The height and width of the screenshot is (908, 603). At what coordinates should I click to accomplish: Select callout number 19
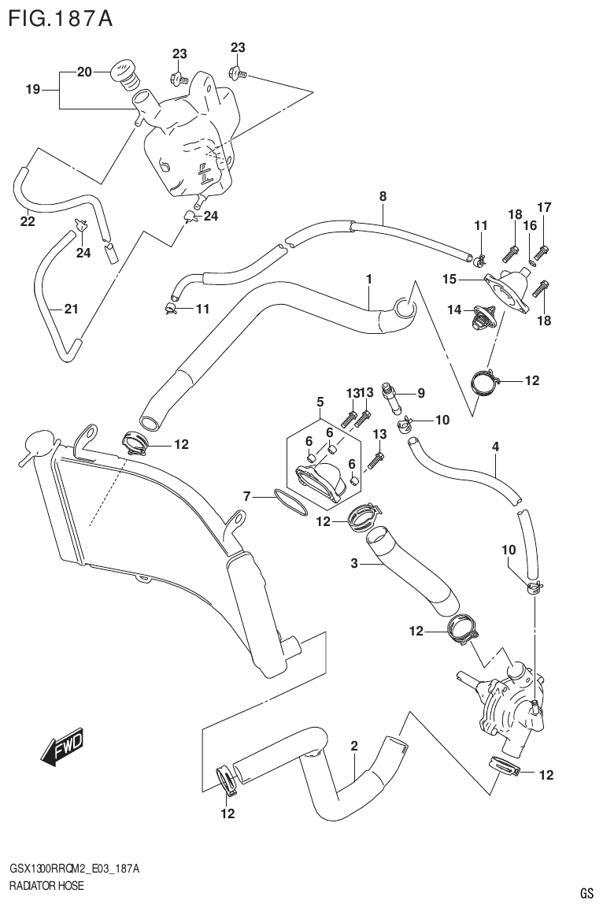tap(32, 90)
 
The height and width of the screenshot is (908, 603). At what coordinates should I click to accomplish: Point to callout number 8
tap(383, 196)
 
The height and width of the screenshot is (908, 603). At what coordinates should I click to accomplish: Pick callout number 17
tap(544, 207)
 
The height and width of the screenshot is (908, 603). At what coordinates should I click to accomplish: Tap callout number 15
tap(449, 279)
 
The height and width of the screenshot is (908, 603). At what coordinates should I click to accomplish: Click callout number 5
tap(320, 402)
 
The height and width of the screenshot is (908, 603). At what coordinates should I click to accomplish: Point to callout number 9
tap(421, 392)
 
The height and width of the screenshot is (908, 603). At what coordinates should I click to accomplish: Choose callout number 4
tap(495, 447)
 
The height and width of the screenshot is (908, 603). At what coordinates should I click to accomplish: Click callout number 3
tap(354, 563)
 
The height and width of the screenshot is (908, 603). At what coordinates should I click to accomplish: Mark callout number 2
tap(354, 746)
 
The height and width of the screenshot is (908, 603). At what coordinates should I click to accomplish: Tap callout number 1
tap(368, 279)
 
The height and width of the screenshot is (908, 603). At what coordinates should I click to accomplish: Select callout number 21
tap(71, 309)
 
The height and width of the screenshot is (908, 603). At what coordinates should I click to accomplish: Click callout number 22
tap(28, 221)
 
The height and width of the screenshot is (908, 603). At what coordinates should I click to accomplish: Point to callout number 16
tap(530, 225)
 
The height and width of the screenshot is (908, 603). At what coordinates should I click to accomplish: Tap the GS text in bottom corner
tap(586, 893)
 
